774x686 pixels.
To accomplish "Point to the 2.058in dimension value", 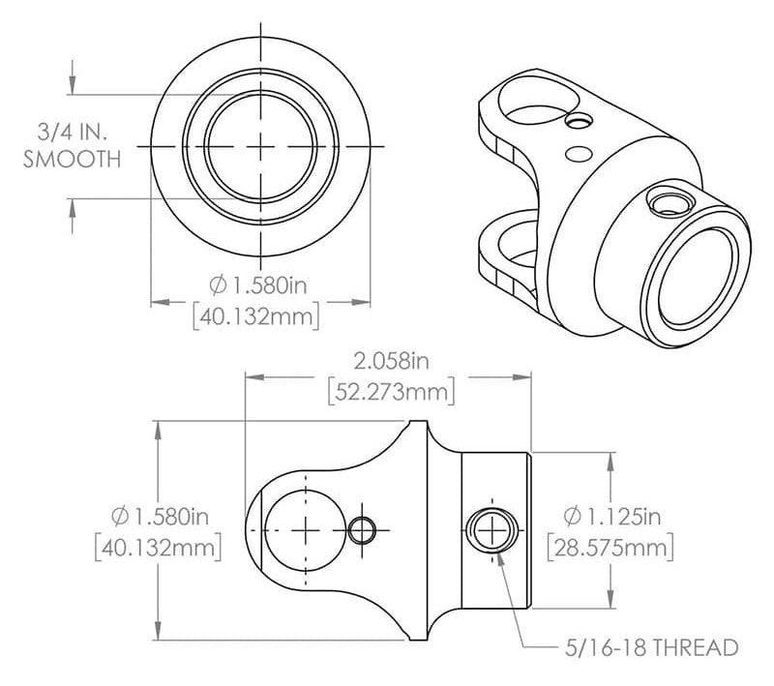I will pyautogui.click(x=391, y=362).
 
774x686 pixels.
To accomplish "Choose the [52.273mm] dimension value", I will pyautogui.click(x=391, y=393).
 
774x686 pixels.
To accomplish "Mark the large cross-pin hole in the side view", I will pyautogui.click(x=307, y=529).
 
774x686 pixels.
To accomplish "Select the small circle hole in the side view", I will pyautogui.click(x=363, y=529).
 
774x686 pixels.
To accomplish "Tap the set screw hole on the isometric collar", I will pyautogui.click(x=668, y=201).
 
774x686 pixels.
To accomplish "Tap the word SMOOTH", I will pyautogui.click(x=73, y=160).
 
